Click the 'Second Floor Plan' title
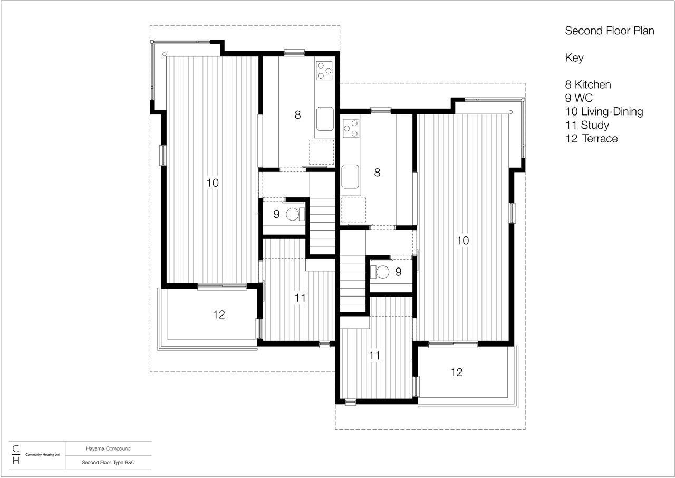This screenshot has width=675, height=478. pyautogui.click(x=609, y=31)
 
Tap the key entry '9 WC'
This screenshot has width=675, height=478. pyautogui.click(x=578, y=98)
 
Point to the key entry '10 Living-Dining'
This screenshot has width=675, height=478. pyautogui.click(x=604, y=111)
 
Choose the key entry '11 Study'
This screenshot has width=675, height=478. pyautogui.click(x=587, y=125)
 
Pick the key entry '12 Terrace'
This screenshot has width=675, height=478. pyautogui.click(x=591, y=139)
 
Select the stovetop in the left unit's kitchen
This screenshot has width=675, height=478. pyautogui.click(x=324, y=71)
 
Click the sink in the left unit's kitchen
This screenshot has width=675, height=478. pyautogui.click(x=325, y=119)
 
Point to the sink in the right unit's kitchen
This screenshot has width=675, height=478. pyautogui.click(x=350, y=176)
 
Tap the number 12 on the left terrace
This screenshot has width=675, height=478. pyautogui.click(x=219, y=314)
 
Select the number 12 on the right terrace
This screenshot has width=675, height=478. pyautogui.click(x=457, y=372)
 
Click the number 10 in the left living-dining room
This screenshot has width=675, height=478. pyautogui.click(x=213, y=183)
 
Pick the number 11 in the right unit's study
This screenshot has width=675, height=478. pyautogui.click(x=374, y=356)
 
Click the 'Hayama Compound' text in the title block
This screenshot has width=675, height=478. pyautogui.click(x=108, y=448)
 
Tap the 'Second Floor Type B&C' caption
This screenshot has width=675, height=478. pyautogui.click(x=108, y=462)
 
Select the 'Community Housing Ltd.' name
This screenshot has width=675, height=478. pyautogui.click(x=43, y=454)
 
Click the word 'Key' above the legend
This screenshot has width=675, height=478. pyautogui.click(x=574, y=58)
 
